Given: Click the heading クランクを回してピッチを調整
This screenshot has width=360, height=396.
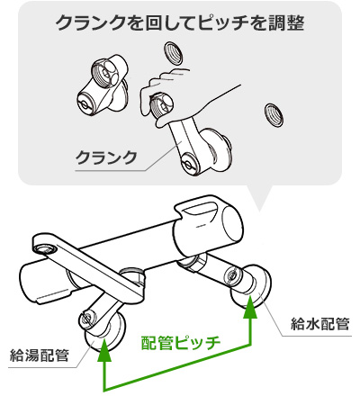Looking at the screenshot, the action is (x=180, y=23).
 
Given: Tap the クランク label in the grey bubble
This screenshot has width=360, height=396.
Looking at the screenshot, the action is (x=106, y=157).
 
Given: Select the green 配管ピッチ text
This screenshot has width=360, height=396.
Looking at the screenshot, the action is (x=181, y=343).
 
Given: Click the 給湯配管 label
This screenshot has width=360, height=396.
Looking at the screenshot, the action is (x=40, y=355).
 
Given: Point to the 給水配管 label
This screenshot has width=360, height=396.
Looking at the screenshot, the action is (x=320, y=324).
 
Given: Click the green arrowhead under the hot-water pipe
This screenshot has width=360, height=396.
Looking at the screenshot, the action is (x=104, y=350).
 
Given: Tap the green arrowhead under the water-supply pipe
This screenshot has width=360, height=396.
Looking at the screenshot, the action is (x=251, y=307).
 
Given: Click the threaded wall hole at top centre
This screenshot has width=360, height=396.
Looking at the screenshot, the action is (x=173, y=53).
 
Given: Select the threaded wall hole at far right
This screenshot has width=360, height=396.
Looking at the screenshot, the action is (x=274, y=115).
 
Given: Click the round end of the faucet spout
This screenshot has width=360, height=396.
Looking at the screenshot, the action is (x=45, y=246).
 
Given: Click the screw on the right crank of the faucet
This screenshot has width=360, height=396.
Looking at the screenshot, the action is (x=231, y=274).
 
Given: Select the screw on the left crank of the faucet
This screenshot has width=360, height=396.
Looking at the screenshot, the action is (x=87, y=318).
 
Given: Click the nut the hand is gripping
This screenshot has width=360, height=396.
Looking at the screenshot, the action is (x=161, y=106).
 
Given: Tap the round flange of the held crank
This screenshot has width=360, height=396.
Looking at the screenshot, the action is (x=217, y=151).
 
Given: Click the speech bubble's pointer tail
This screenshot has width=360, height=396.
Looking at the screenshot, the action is (x=259, y=196).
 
